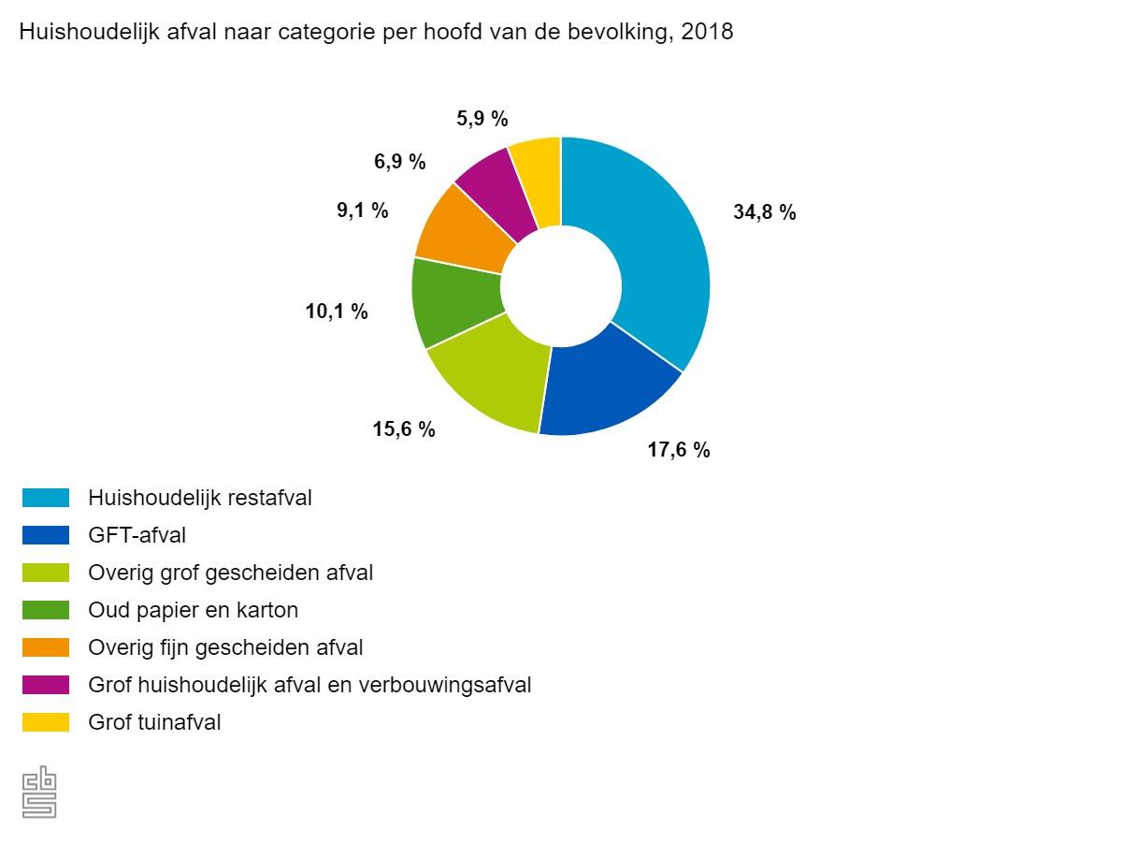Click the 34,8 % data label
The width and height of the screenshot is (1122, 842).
pyautogui.click(x=764, y=212)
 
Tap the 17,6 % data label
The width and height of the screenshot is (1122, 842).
pyautogui.click(x=678, y=450)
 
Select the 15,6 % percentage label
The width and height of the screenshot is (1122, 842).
pyautogui.click(x=404, y=429)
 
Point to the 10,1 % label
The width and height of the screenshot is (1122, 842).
pyautogui.click(x=337, y=312)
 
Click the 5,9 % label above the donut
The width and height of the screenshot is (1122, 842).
pyautogui.click(x=482, y=119)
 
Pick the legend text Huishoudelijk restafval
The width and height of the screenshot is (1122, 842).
pyautogui.click(x=199, y=498)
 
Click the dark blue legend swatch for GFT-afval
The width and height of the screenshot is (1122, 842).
pyautogui.click(x=46, y=535)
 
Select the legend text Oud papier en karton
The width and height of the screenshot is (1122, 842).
pyautogui.click(x=193, y=610)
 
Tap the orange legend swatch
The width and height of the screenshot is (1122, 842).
pyautogui.click(x=46, y=647)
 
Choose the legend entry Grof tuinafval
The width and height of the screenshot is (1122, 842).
pyautogui.click(x=154, y=722)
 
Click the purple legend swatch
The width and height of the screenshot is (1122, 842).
pyautogui.click(x=46, y=685)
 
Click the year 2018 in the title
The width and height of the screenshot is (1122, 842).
pyautogui.click(x=709, y=32)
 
